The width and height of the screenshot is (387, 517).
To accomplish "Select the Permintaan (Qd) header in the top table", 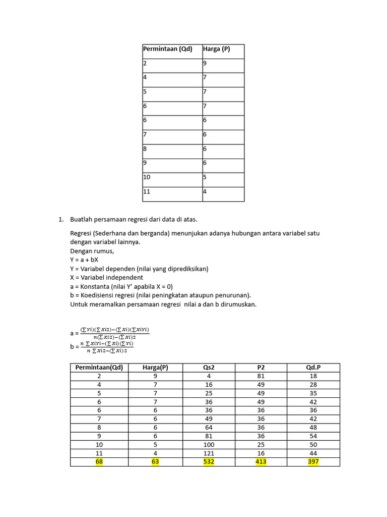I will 168,49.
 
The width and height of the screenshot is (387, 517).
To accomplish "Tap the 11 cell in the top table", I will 147,192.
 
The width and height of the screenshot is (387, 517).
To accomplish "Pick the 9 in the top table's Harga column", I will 205,64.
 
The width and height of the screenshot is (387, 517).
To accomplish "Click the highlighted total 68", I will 99,461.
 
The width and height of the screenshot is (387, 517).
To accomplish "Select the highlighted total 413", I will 261,461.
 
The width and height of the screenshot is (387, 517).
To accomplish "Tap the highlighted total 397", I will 313,461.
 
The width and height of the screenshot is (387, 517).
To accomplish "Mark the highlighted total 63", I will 155,461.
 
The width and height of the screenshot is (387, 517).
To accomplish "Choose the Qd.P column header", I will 313,367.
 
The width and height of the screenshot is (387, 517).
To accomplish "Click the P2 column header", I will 261,367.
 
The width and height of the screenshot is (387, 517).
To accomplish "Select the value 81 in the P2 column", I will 261,376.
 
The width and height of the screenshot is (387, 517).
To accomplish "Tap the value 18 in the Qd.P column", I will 313,376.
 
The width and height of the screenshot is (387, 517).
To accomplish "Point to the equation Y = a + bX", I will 84,260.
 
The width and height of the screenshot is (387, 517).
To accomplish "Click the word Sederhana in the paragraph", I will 114,233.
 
